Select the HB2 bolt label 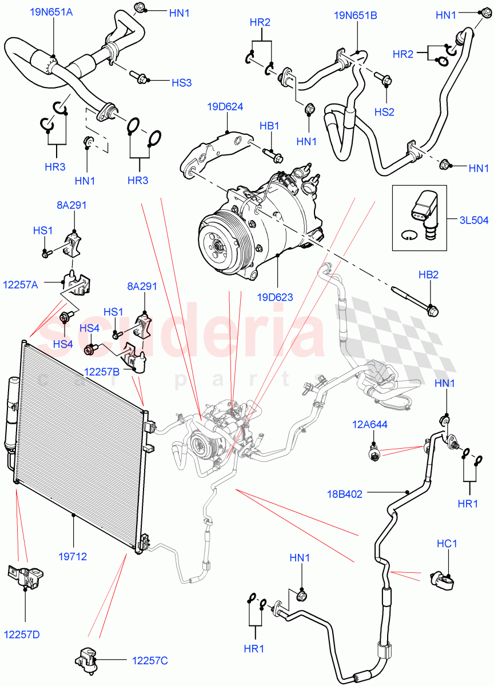428,275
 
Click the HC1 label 447,544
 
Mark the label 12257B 101,372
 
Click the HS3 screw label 181,82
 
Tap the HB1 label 269,125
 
